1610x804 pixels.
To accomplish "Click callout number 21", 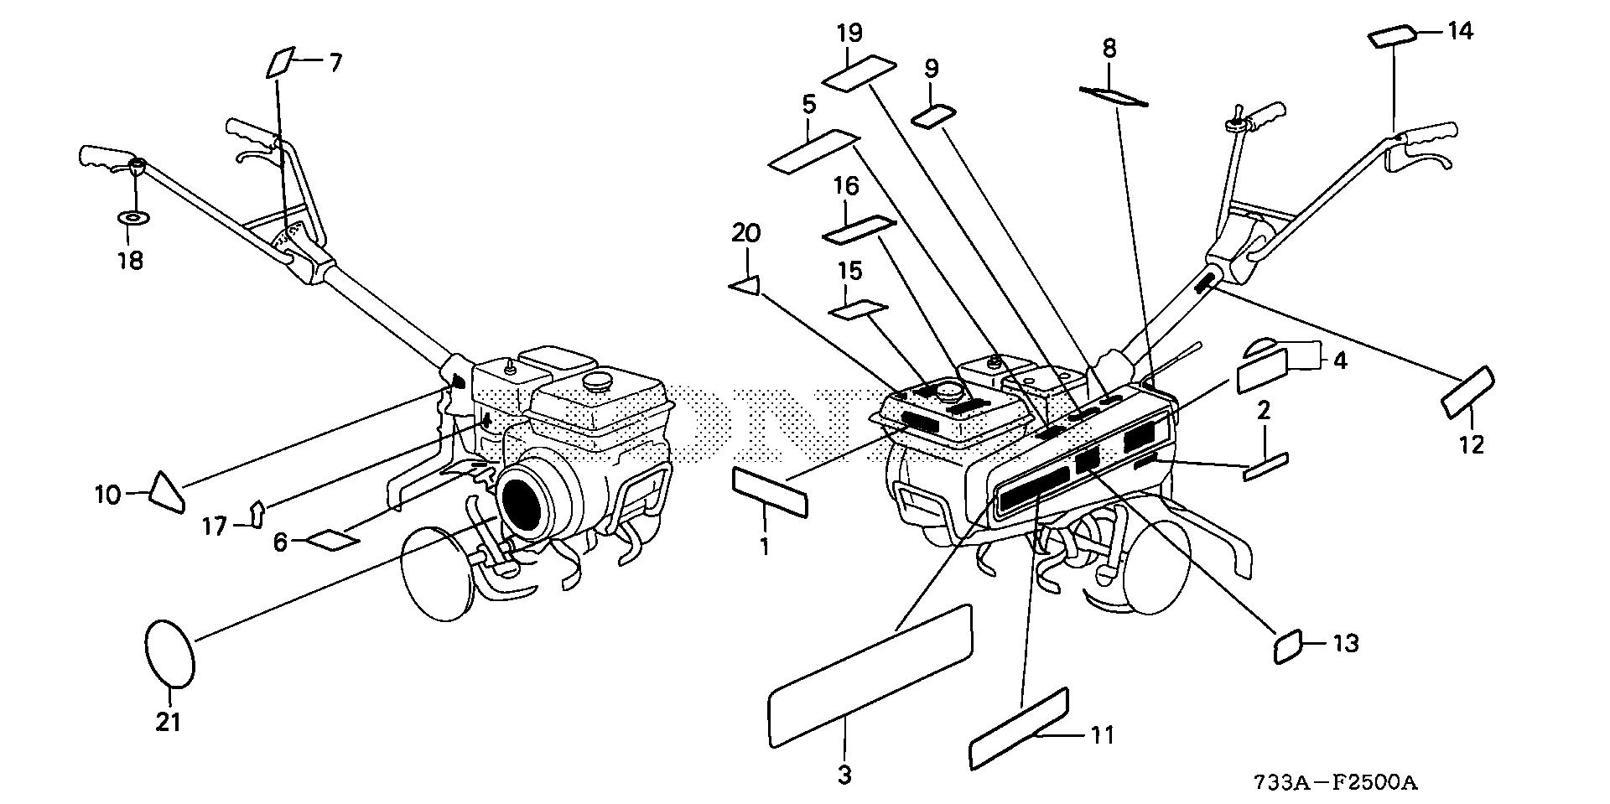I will click(169, 721).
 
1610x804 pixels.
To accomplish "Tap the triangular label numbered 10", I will click(166, 491).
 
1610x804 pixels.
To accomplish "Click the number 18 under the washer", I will click(130, 260).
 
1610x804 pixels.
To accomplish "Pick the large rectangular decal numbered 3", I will click(870, 676).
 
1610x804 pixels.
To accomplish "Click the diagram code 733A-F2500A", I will click(1335, 784).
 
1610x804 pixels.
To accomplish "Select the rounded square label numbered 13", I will click(1288, 646).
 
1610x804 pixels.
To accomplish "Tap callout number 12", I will click(1472, 443).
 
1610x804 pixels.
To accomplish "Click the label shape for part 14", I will click(1391, 38).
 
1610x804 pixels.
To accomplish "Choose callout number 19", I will click(849, 34).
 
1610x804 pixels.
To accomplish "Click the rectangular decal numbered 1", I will click(770, 492).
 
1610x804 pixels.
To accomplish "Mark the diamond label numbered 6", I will click(330, 539).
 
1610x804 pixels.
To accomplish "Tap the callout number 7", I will click(335, 63).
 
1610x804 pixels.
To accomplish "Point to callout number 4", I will click(1340, 361).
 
